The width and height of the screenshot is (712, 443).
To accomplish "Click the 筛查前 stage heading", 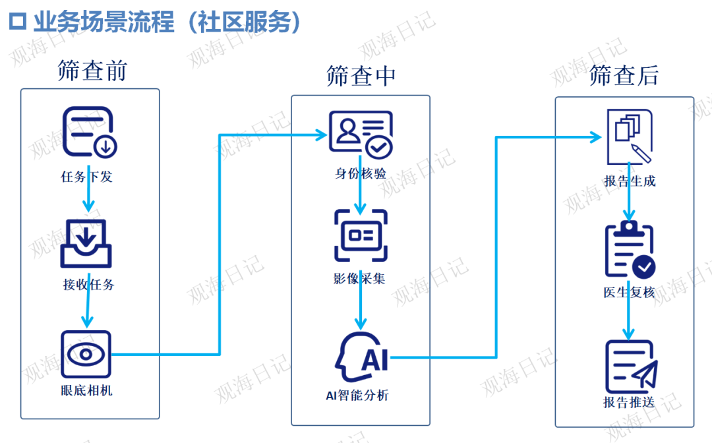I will [x=92, y=71].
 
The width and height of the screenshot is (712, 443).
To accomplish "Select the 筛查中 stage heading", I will [x=361, y=76].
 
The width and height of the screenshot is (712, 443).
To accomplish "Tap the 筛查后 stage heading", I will [x=624, y=76].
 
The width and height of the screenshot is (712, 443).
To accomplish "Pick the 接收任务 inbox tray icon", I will [x=86, y=243].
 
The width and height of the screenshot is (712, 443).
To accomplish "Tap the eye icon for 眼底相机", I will [x=86, y=355].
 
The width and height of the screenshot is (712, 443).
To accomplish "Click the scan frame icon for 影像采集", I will [x=360, y=235].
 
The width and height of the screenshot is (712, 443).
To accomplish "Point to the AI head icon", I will [x=361, y=358].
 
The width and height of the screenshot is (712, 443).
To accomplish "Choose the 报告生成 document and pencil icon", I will [x=629, y=136].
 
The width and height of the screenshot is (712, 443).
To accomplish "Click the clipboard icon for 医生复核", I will [x=630, y=251].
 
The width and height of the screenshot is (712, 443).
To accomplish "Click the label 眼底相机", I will [x=86, y=390].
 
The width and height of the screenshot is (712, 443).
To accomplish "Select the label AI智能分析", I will [x=357, y=396].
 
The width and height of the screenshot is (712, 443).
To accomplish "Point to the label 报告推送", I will [x=628, y=402].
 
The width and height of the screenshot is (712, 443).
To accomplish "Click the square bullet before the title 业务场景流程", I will [x=18, y=22].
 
